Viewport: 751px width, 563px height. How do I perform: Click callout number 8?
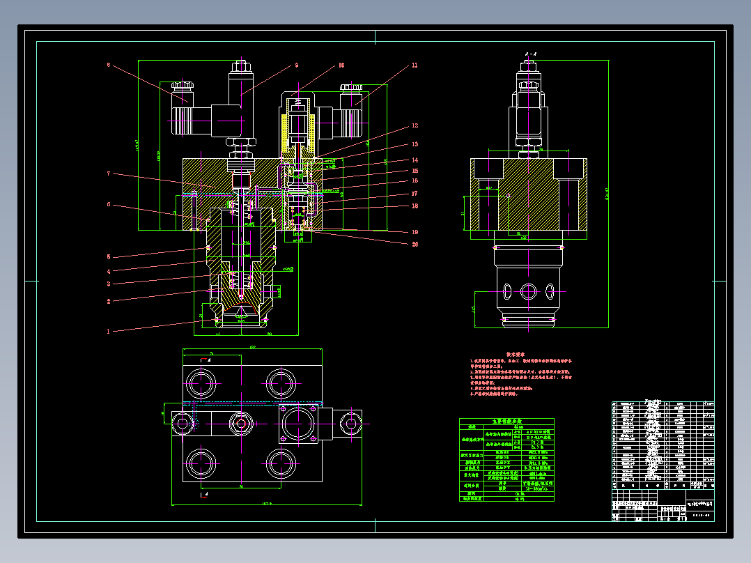coord(109,65)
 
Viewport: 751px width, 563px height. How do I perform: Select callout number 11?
coord(415,65)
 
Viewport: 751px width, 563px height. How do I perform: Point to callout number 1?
coord(108,332)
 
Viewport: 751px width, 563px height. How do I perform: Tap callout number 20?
coord(415,244)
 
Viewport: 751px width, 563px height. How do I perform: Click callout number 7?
coord(109,173)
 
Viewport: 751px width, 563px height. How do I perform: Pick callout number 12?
coord(415,126)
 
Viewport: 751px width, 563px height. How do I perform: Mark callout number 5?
coord(109,256)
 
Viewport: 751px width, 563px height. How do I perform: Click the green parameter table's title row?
coord(506,422)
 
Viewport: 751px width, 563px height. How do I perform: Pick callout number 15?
coord(415,170)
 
